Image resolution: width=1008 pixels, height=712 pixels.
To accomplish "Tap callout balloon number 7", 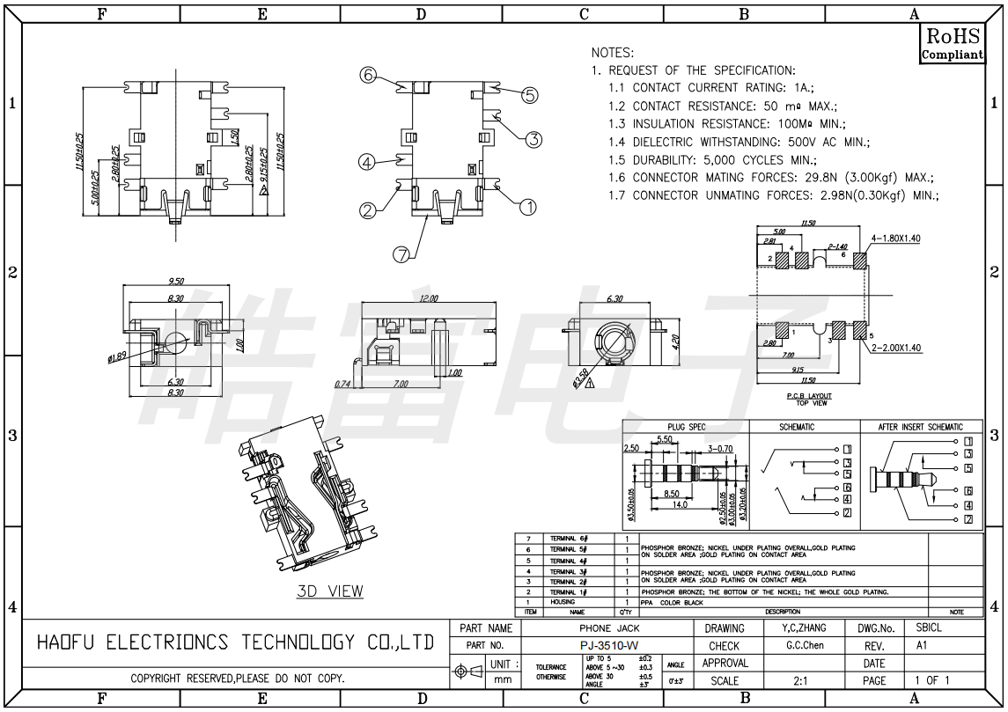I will click(x=401, y=254).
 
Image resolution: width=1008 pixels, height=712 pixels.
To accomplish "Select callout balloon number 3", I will click(x=534, y=139).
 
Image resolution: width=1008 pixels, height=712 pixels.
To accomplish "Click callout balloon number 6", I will click(x=368, y=75).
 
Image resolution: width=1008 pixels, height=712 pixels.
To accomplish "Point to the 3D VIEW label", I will click(x=329, y=591).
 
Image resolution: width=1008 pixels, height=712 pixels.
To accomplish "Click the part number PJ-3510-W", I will click(x=609, y=646).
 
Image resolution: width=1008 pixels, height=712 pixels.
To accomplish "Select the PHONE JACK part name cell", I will click(x=609, y=628).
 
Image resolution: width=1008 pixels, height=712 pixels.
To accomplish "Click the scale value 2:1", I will click(x=801, y=680).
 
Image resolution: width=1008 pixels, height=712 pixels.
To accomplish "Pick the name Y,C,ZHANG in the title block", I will click(x=805, y=628).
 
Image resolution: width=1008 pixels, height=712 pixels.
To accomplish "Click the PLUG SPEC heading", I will click(x=686, y=427).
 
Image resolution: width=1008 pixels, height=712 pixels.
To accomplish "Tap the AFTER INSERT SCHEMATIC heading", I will click(x=920, y=427).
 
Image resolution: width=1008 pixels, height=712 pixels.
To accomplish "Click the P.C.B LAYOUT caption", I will click(x=809, y=396).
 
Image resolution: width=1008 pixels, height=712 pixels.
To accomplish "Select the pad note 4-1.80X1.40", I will click(x=895, y=239).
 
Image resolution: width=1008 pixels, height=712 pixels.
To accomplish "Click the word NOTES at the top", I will click(x=612, y=53).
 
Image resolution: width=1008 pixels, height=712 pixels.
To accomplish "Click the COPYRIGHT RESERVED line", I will click(x=238, y=679).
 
